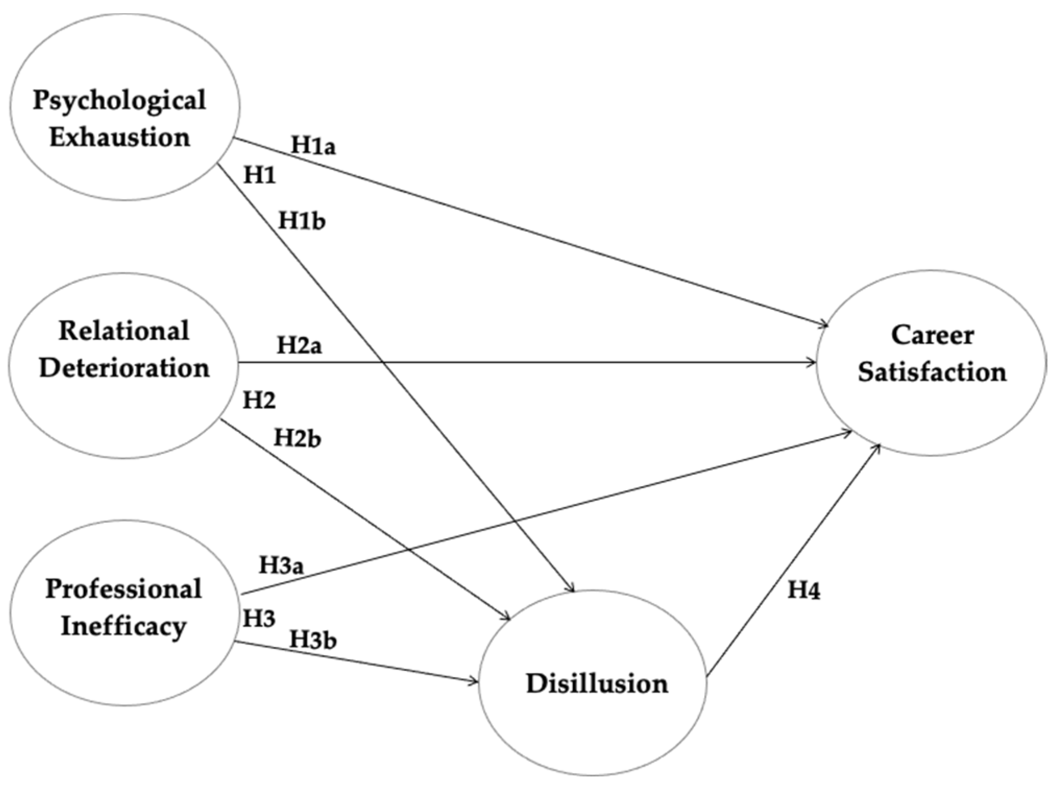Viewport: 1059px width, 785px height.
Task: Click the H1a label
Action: (313, 146)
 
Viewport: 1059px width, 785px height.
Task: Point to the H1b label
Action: (302, 221)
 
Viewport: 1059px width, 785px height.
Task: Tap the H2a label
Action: (299, 345)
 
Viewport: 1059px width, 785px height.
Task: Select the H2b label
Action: (297, 438)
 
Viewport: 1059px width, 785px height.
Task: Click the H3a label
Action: (282, 565)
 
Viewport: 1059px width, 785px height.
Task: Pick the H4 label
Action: (804, 590)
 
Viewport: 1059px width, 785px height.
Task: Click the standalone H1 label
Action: (259, 176)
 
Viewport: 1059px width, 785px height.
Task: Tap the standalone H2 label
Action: (259, 401)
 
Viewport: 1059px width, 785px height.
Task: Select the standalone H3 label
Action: (259, 619)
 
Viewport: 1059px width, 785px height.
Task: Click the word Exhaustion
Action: (120, 138)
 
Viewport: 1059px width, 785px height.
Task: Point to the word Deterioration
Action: (124, 368)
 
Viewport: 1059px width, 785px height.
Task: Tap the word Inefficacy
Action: (124, 626)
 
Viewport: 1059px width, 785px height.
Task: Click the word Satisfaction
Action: (932, 372)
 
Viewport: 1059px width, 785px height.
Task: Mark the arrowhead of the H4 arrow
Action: (879, 446)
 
